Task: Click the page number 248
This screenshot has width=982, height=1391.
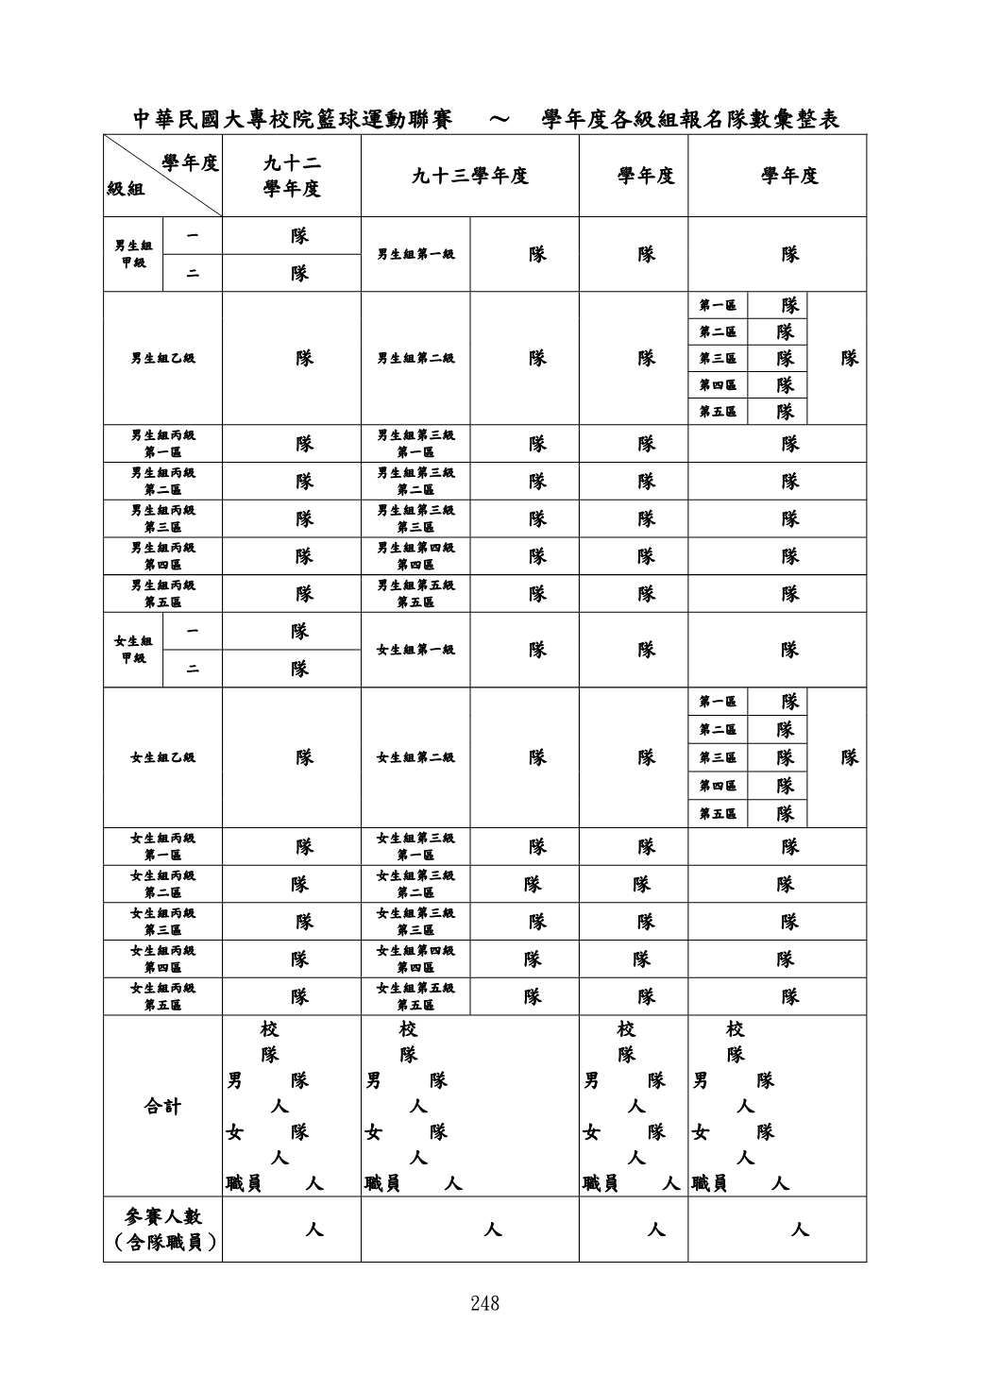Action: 484,1303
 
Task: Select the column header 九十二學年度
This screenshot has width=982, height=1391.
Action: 292,177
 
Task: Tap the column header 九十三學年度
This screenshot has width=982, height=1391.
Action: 469,176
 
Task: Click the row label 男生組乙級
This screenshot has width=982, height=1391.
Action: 163,358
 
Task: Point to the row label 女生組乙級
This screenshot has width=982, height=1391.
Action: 163,757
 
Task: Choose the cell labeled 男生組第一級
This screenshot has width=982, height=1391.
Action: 415,254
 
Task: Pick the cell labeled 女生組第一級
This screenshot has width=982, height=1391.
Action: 415,650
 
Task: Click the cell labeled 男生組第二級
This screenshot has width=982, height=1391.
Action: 415,358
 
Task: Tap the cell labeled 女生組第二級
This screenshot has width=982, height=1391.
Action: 415,757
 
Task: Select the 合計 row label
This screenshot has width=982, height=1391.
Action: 162,1106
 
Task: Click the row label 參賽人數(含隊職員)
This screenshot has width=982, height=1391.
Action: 162,1230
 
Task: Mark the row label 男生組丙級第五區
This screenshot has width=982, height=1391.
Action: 163,593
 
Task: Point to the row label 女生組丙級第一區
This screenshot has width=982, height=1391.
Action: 163,846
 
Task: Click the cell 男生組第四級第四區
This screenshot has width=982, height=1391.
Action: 415,556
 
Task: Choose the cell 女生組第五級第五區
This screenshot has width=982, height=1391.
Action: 415,996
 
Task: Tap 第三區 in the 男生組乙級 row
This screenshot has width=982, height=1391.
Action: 718,359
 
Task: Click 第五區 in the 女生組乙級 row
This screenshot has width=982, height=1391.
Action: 718,814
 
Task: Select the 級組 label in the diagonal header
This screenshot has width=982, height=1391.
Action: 126,190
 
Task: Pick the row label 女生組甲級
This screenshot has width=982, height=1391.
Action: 133,650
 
